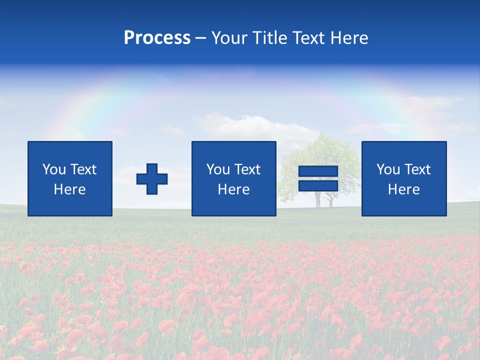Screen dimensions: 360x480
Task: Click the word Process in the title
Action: [x=157, y=38]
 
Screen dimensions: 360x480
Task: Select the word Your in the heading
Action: [x=229, y=38]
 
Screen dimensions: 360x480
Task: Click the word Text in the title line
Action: [x=306, y=38]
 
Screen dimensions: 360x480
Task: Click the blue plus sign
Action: [x=152, y=179]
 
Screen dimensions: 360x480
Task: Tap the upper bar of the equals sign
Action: [x=318, y=171]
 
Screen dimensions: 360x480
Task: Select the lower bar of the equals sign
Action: [x=318, y=185]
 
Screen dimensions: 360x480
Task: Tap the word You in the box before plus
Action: [x=54, y=169]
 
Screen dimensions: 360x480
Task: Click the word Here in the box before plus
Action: [x=69, y=189]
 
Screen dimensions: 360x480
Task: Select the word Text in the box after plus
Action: [x=247, y=169]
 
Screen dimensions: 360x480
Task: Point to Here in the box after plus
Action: [x=233, y=189]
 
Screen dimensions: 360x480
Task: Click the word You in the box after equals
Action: [x=388, y=169]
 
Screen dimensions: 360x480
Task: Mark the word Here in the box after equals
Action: [x=403, y=189]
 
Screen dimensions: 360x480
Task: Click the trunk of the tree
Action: [x=317, y=199]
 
